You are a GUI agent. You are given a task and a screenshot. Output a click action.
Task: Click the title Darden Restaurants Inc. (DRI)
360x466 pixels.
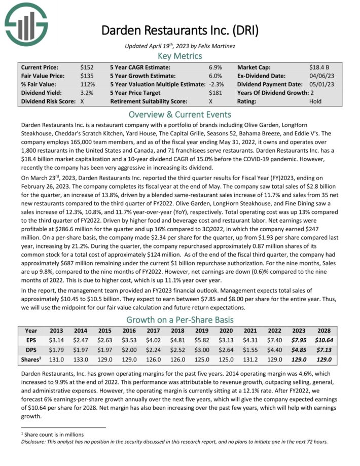pos(179,30)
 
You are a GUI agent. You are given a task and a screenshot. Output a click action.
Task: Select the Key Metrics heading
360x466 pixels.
pos(179,56)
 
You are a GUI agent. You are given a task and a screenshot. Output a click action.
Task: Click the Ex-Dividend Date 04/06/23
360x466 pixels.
pos(320,76)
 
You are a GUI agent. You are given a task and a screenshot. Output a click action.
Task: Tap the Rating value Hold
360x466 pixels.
pos(315,101)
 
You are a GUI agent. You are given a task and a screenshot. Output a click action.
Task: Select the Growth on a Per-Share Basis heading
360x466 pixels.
pos(179,319)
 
